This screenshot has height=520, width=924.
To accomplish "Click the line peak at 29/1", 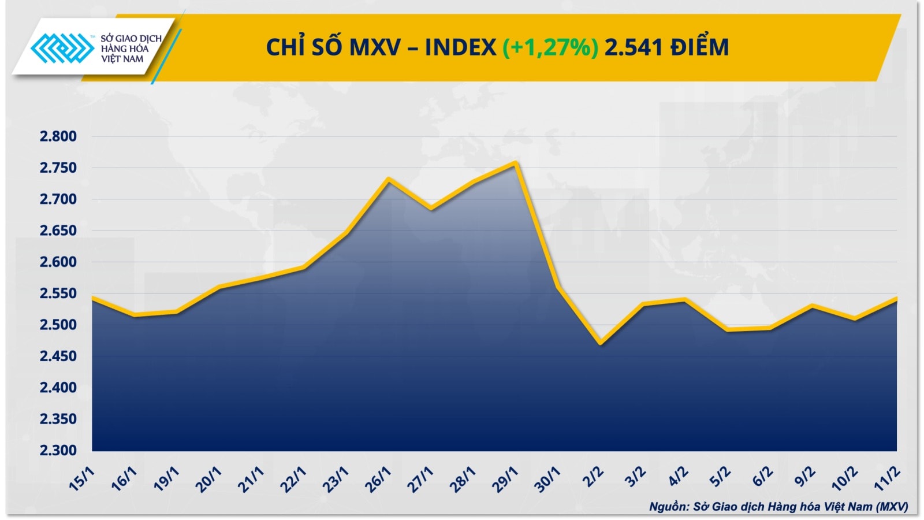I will [x=515, y=163].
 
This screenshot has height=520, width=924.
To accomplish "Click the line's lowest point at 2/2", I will [x=601, y=343].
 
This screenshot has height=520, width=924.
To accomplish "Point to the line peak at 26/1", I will [x=389, y=180].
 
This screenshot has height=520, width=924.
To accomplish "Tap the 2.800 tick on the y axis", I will [x=58, y=136].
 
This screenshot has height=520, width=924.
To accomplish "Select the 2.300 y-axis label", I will [x=58, y=450].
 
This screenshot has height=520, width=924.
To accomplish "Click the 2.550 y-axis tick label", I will [x=58, y=294].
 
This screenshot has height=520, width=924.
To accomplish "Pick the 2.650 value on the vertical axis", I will [x=58, y=231].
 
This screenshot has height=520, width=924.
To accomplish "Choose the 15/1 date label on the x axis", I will [x=81, y=480].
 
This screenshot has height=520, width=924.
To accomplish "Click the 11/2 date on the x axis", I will [x=887, y=480].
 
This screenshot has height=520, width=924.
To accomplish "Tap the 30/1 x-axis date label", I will [x=547, y=480].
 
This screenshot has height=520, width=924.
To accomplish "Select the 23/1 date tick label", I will [x=336, y=480].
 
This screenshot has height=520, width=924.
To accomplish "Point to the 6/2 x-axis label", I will [x=762, y=477].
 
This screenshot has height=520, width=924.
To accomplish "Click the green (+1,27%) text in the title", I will [x=550, y=47].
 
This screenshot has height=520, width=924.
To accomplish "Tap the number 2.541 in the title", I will [x=634, y=47].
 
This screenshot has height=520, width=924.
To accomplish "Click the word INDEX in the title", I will [x=460, y=47].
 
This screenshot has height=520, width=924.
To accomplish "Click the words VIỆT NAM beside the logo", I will [x=122, y=59].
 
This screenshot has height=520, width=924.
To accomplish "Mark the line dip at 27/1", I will [x=431, y=209].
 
